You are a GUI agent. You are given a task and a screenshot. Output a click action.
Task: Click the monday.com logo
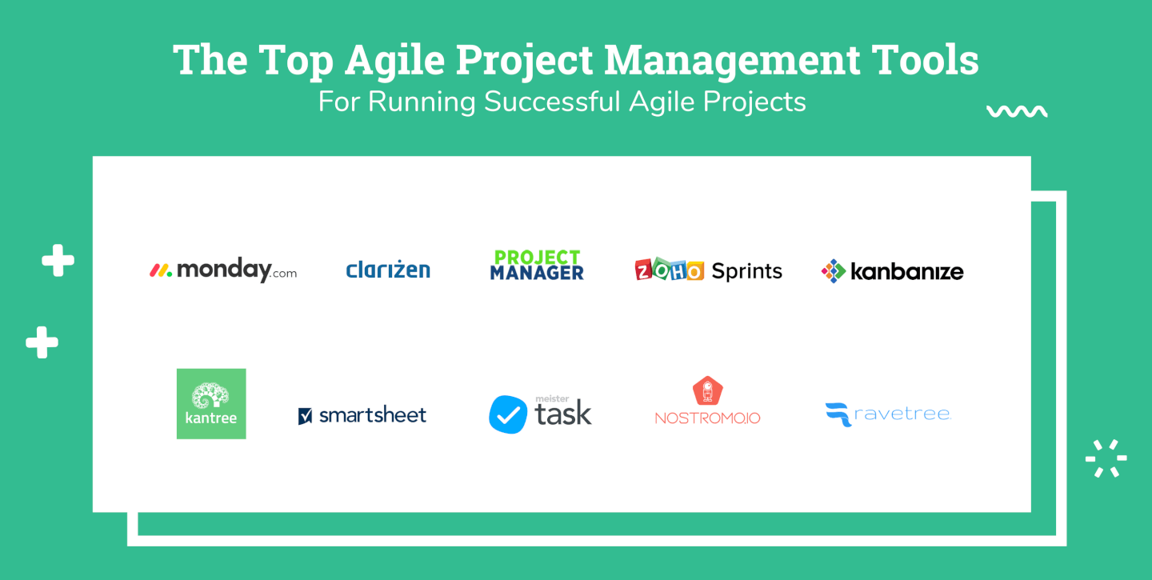point(223,270)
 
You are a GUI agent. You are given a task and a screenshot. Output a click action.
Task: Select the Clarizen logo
point(388,269)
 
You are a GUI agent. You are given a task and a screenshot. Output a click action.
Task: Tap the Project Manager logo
point(537,265)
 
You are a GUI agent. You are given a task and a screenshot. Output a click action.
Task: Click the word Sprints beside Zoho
point(746,271)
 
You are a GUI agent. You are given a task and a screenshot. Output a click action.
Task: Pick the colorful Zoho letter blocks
point(669,270)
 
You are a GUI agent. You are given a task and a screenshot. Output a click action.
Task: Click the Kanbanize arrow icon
point(833,271)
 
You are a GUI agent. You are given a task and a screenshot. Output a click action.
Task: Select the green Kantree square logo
point(211,404)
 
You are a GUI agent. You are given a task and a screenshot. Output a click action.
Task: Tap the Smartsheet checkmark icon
point(305,415)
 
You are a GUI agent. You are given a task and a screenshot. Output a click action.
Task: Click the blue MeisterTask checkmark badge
point(507,414)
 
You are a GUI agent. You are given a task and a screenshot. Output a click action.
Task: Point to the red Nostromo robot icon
point(708,390)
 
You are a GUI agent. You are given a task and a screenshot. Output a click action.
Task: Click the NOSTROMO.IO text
point(708,418)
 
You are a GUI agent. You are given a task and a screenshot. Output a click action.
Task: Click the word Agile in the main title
point(394,61)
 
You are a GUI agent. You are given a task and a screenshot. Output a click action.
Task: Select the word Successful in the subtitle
point(552,102)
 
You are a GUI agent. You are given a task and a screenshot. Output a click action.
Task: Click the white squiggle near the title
point(1017,111)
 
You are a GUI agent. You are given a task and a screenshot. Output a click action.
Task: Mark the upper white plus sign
point(58,260)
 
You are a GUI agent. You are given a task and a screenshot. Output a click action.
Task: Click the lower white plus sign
point(42,342)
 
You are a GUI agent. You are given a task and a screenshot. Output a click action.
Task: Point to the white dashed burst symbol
point(1106,458)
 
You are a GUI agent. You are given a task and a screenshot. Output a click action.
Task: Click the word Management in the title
point(732,61)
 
